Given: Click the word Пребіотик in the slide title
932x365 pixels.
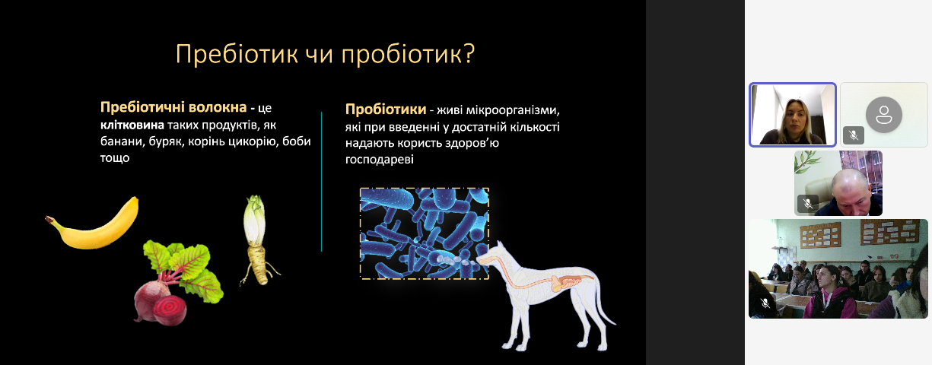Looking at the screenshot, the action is (237, 54).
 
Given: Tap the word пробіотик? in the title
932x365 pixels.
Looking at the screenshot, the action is (408, 55).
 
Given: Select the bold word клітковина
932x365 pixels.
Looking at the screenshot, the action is (132, 125).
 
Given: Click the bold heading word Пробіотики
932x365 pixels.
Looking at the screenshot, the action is (386, 109).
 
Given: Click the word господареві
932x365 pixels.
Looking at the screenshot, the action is (380, 160).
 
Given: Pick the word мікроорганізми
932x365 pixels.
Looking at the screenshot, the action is (513, 110).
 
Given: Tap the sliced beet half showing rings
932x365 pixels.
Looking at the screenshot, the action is (170, 309).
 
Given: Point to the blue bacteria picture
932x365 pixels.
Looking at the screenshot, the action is (424, 233).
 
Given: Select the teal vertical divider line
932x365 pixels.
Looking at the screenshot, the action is (321, 182).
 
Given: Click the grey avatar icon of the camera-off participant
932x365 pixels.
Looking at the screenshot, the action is (884, 115).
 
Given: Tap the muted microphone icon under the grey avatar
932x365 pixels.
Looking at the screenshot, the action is (854, 135).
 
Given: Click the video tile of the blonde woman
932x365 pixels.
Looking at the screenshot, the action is (793, 115).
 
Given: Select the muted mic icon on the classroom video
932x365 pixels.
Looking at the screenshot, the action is (765, 303).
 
